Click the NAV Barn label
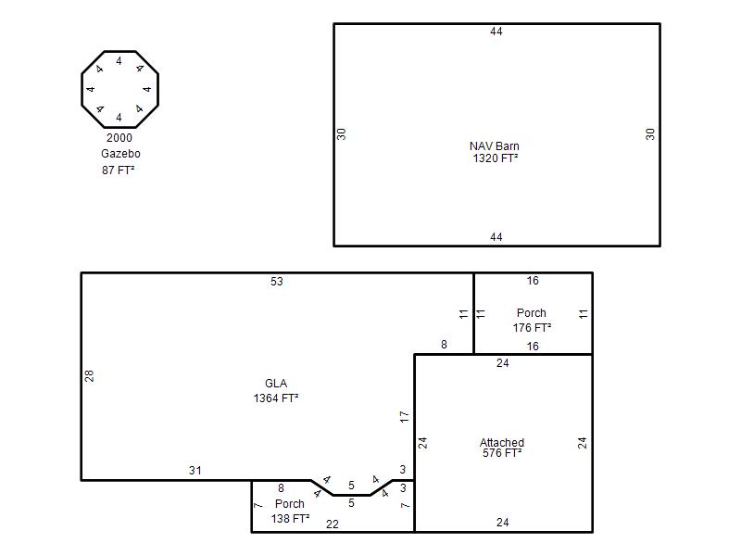495,146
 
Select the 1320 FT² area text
496,158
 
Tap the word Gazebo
120,154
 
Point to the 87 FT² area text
119,171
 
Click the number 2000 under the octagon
119,138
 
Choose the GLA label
276,384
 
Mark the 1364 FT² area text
276,398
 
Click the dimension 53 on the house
277,282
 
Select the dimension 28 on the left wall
89,376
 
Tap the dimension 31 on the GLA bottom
195,471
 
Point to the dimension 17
404,416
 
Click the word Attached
502,443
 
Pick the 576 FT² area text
502,453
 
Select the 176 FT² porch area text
532,328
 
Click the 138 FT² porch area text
290,519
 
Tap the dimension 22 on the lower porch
333,524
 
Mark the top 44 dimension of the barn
496,32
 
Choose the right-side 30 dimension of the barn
650,134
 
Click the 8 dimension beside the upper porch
444,345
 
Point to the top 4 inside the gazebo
119,61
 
